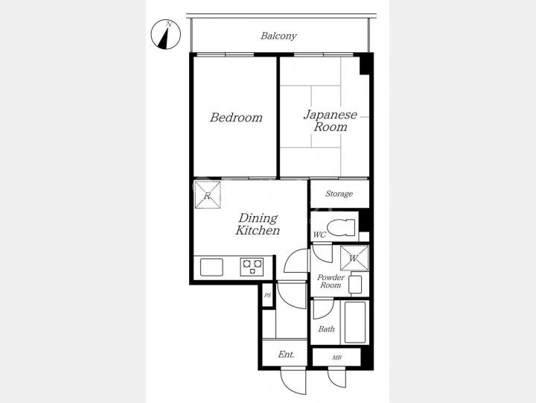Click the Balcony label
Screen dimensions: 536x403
pyautogui.click(x=278, y=36)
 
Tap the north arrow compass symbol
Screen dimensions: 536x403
pyautogui.click(x=166, y=34)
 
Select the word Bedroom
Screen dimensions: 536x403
pyautogui.click(x=236, y=118)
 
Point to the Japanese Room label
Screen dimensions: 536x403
pyautogui.click(x=331, y=121)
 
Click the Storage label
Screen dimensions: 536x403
pyautogui.click(x=339, y=194)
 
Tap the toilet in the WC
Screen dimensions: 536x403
pyautogui.click(x=341, y=227)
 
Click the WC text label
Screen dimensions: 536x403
pyautogui.click(x=319, y=235)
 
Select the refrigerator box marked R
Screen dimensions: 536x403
pyautogui.click(x=208, y=194)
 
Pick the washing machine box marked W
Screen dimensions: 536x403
pyautogui.click(x=354, y=258)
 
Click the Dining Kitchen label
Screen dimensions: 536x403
pyautogui.click(x=258, y=224)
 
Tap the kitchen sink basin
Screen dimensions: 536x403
pyautogui.click(x=211, y=267)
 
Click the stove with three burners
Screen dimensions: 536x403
pyautogui.click(x=252, y=267)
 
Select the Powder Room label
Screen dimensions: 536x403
pyautogui.click(x=331, y=282)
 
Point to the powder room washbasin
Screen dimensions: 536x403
pyautogui.click(x=355, y=285)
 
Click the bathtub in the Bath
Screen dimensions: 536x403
pyautogui.click(x=355, y=323)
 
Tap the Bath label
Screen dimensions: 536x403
pyautogui.click(x=327, y=329)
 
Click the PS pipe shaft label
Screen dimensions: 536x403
pyautogui.click(x=268, y=295)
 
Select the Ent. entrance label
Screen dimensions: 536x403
pyautogui.click(x=286, y=355)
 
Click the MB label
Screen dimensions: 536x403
pyautogui.click(x=336, y=358)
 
